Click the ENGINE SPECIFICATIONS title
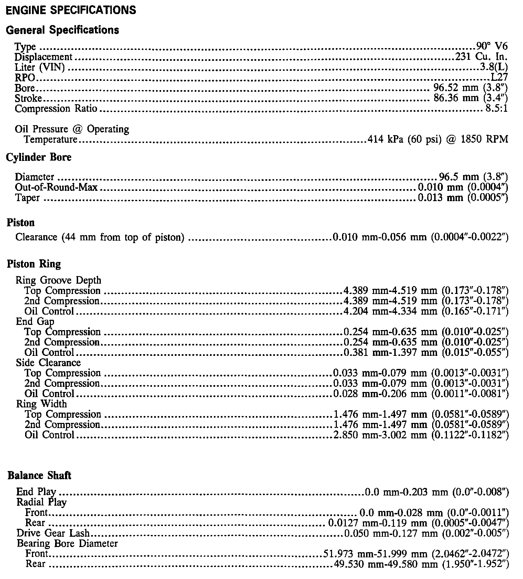point(71,10)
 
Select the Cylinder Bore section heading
point(39,157)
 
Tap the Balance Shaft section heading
point(40,476)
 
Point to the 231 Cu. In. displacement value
point(481,57)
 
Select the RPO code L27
point(499,77)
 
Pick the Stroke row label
point(28,98)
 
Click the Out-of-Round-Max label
point(56,187)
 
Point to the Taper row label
point(27,198)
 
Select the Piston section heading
point(21,222)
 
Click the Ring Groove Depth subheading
point(58,280)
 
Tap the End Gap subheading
point(35,321)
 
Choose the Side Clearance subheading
point(48,363)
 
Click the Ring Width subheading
point(41,404)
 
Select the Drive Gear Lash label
point(53,533)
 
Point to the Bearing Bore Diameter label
point(67,544)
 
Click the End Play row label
point(36,492)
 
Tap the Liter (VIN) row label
point(40,67)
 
